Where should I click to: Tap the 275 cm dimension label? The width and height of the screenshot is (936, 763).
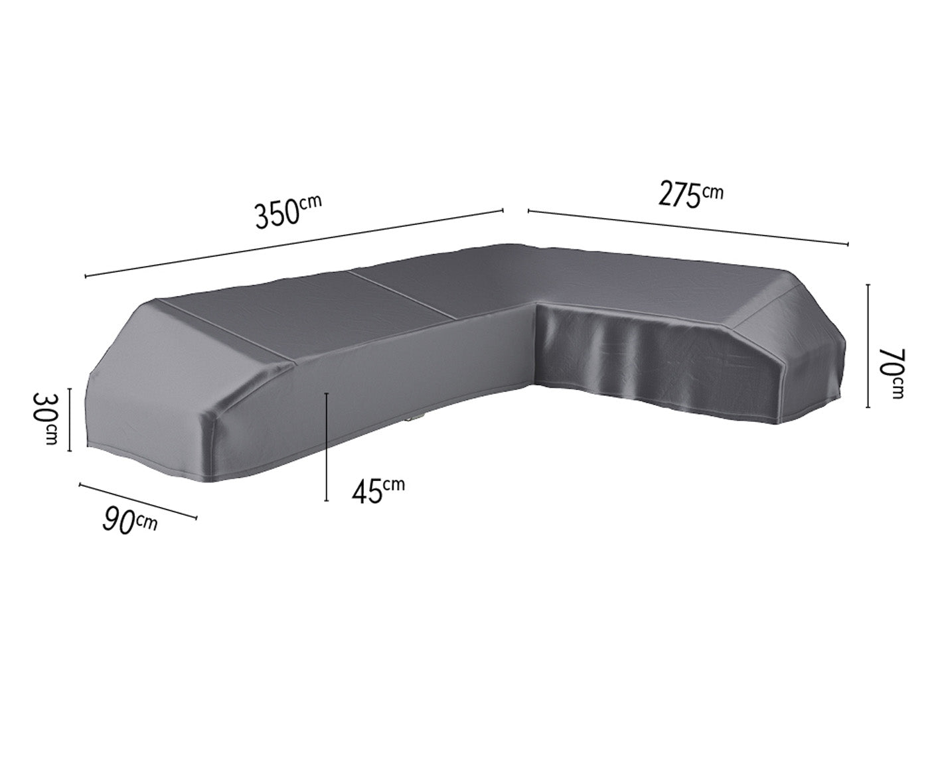(x=690, y=194)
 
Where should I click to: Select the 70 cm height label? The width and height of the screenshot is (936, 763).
(x=891, y=373)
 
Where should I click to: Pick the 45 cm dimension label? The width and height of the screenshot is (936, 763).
(x=378, y=490)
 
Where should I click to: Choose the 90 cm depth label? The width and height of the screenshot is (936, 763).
(x=129, y=521)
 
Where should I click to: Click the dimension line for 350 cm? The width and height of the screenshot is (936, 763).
(x=294, y=243)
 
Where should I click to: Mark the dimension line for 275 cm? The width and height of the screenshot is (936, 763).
(x=688, y=227)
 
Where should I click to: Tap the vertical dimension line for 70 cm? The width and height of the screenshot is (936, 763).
(x=868, y=346)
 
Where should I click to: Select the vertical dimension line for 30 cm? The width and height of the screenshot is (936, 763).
(x=69, y=419)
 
